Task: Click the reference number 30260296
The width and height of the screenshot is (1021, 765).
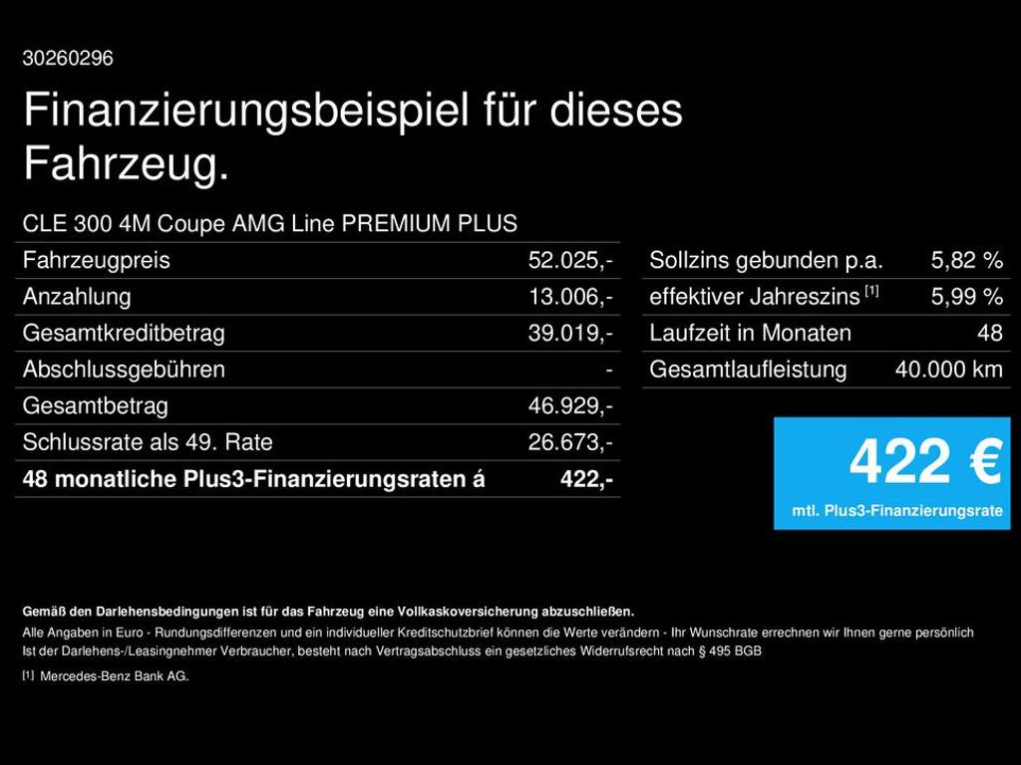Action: (68, 59)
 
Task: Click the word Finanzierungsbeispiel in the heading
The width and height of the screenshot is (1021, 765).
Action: (246, 111)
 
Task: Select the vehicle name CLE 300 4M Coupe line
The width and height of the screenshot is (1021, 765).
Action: (269, 223)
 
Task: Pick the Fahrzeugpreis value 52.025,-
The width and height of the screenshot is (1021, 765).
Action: (570, 260)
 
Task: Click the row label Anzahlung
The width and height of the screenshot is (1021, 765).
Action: (77, 297)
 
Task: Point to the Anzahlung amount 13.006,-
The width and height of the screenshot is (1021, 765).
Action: (570, 297)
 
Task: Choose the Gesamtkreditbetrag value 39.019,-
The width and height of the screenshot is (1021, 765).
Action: (570, 333)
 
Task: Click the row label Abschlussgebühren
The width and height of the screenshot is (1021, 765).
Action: (124, 370)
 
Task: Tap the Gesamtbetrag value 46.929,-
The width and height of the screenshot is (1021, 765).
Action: (570, 406)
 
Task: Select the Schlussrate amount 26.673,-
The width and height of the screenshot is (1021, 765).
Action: (570, 442)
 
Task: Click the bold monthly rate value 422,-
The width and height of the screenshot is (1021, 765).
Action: (586, 479)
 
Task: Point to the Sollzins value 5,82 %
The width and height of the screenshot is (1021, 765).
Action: (967, 260)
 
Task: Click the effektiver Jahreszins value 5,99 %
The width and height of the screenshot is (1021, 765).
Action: (967, 297)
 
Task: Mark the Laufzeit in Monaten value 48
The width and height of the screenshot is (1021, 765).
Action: (990, 333)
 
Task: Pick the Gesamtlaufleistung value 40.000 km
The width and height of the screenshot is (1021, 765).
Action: (949, 370)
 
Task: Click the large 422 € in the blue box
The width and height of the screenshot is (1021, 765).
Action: (925, 461)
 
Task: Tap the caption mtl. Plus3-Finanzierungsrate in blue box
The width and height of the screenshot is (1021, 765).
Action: (897, 511)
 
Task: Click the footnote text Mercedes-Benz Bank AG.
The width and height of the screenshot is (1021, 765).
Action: (115, 676)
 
